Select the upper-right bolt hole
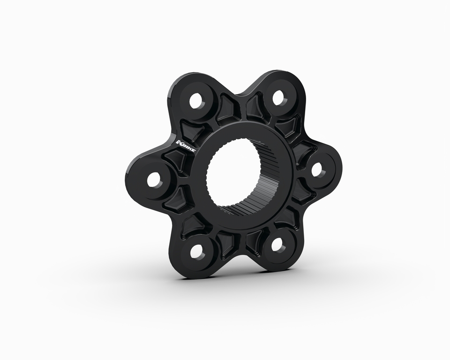coord(278,97)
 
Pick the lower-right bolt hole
coord(277,244)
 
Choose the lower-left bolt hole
coord(197,250)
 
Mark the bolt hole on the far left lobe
coord(154,180)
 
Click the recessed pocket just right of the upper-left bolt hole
coord(229,106)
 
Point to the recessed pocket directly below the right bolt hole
coord(300,192)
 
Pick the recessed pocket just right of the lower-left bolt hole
coord(228,244)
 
